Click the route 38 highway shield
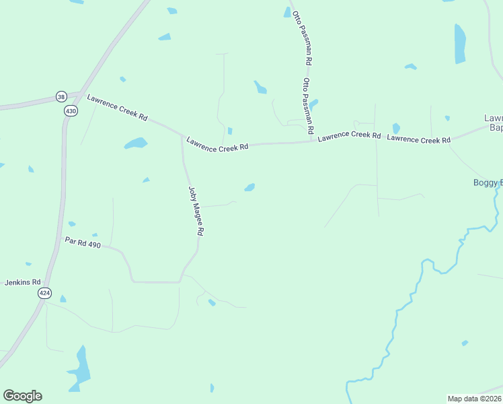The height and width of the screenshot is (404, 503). click(62, 96)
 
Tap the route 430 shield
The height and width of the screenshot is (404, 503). click(71, 110)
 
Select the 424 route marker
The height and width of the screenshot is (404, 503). click(44, 293)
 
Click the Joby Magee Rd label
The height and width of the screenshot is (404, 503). click(196, 210)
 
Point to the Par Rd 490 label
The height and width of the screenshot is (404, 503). click(83, 242)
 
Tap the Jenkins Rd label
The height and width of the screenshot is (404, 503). click(23, 282)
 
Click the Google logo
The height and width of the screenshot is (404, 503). click(22, 396)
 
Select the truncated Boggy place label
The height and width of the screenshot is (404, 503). click(488, 182)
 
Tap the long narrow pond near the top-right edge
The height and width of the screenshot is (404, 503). click(460, 44)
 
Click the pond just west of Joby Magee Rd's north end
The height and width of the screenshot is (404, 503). click(136, 143)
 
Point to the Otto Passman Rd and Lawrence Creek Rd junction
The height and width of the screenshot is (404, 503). click(314, 141)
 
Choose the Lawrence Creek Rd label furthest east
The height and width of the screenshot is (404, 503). click(418, 139)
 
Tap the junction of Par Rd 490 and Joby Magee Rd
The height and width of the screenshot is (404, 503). click(180, 281)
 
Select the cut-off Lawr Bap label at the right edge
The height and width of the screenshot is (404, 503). click(494, 123)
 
